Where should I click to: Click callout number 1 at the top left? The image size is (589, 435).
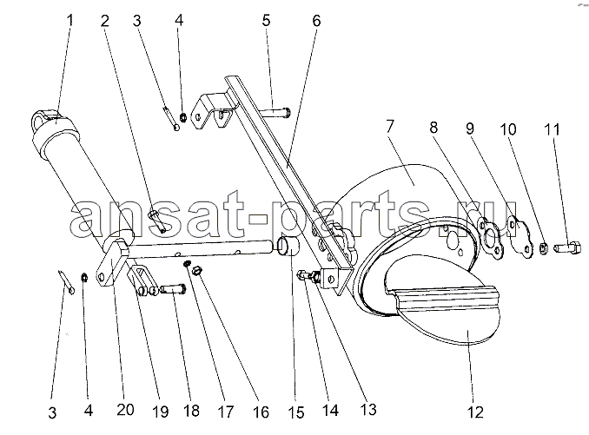coord(69,20)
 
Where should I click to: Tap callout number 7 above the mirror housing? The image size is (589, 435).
coord(390,126)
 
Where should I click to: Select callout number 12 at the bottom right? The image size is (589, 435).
coord(475,412)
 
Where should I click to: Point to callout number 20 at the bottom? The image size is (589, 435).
coord(125,410)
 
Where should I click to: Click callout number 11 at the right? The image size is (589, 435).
coord(552,129)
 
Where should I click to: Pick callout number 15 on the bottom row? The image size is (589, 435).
coord(295,412)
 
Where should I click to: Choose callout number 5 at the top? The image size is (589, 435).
coord(266,20)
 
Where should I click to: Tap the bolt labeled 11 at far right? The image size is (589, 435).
coord(567,248)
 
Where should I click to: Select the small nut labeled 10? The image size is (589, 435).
coord(543,248)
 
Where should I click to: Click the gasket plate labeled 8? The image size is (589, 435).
coord(490,238)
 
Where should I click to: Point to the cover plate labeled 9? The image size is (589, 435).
coord(520,238)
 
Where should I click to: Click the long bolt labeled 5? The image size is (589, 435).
coord(275,111)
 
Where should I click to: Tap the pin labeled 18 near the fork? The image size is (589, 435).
coord(173,289)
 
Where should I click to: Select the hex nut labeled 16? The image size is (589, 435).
coord(197,271)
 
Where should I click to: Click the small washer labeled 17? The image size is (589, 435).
coord(187,264)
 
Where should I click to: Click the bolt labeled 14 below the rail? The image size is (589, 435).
coord(308,277)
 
